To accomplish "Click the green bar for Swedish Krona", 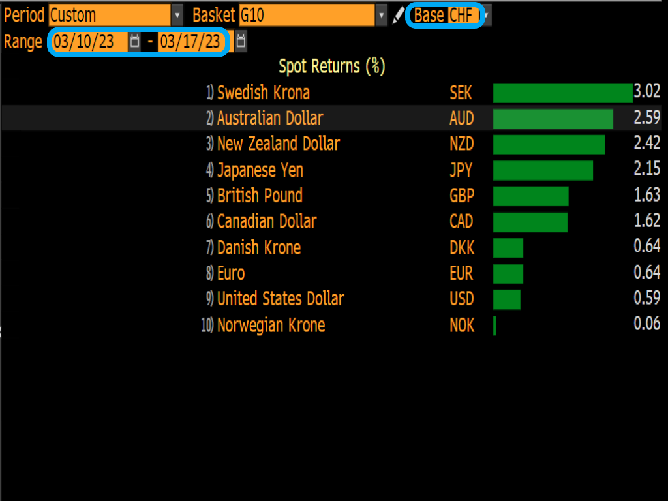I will [x=562, y=93].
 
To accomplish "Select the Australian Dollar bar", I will [x=553, y=119].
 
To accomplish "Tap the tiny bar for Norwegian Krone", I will [x=494, y=326].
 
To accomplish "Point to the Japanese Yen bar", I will [x=543, y=170].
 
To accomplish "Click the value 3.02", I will [x=647, y=91].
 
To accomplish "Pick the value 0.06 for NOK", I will [x=647, y=324].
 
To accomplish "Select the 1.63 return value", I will [x=647, y=195].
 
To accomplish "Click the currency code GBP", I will [x=462, y=196].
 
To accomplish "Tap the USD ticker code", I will [x=462, y=299].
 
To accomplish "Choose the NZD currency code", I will [x=462, y=144].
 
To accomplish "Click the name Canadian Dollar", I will [x=266, y=221].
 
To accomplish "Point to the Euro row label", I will [x=231, y=273].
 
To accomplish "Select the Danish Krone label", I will [x=259, y=248].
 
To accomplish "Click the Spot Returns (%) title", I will [x=332, y=66].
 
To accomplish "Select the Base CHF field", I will [x=464, y=15].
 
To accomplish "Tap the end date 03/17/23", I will [x=190, y=42].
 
